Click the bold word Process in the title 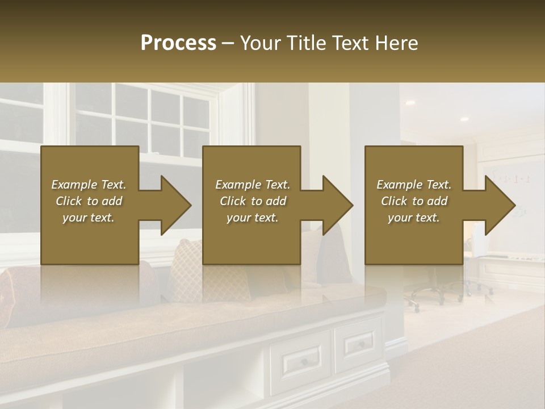178,43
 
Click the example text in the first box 89,201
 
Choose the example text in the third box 414,201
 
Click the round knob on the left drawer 304,362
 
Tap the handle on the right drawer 359,343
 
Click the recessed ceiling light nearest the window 410,103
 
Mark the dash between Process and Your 228,43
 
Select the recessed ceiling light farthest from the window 464,119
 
